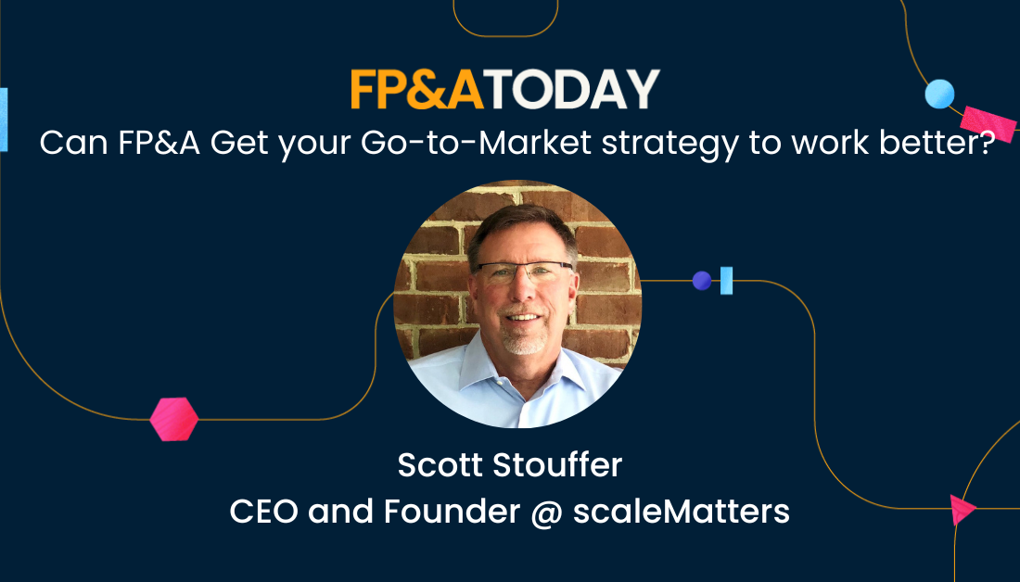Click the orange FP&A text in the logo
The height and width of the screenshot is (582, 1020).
416,89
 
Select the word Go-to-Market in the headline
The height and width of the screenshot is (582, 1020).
476,143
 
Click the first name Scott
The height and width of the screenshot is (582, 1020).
440,465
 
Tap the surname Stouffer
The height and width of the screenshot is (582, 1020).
557,465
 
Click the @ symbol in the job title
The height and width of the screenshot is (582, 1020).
546,512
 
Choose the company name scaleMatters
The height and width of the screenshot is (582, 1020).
682,512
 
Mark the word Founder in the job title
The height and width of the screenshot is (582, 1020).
452,512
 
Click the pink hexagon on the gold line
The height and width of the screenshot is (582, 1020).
173,419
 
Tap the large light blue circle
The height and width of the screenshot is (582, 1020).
939,94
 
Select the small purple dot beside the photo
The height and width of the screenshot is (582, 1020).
701,280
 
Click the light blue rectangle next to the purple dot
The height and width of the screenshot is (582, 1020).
727,280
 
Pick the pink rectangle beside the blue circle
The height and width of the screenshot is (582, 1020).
988,123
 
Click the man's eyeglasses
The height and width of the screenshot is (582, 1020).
524,271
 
